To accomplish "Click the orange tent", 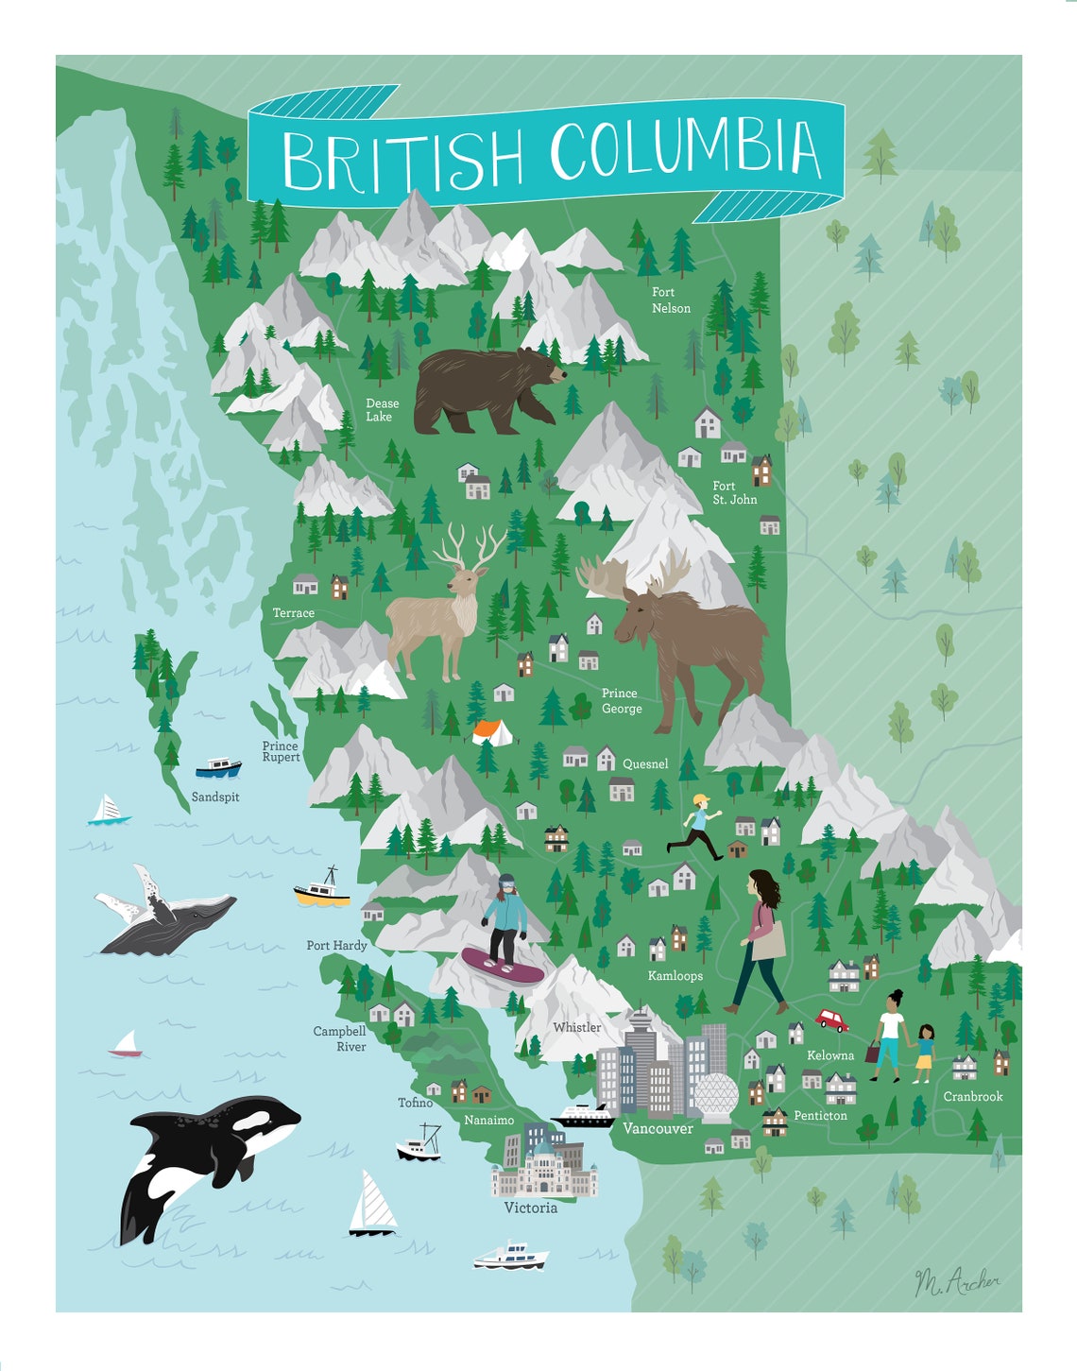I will pos(492,731).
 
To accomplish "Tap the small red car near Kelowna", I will pos(832,1020).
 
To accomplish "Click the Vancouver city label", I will pos(658,1128).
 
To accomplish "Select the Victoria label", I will pos(530,1208).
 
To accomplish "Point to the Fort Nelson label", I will pos(671,300).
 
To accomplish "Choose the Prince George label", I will pos(622,701).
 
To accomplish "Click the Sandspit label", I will pos(215,797).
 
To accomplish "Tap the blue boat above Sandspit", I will pos(218,766).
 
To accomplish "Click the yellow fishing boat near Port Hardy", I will pos(322,890).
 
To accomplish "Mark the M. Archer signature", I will pos(956,1281).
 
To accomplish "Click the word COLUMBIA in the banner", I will pos(685,150).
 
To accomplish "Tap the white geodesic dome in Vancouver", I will pos(715,1095).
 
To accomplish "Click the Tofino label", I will pos(416,1103).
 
